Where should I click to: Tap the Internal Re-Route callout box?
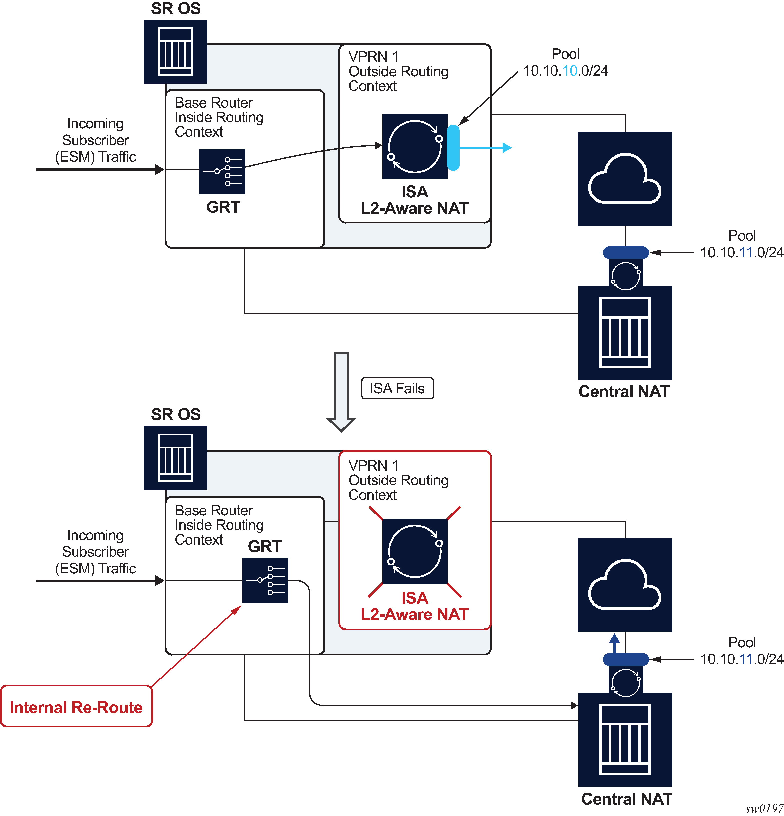[76, 707]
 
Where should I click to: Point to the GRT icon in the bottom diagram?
[265, 580]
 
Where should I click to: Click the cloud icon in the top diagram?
[625, 179]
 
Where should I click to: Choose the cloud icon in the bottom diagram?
[625, 585]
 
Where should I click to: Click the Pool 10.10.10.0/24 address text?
[565, 71]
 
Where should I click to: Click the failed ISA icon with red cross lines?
[415, 551]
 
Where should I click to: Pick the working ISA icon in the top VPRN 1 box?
[415, 146]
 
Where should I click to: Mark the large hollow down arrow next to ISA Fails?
[341, 391]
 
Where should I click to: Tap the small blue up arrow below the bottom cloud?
[615, 643]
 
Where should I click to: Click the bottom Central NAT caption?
[626, 799]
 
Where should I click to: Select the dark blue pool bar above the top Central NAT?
[625, 252]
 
